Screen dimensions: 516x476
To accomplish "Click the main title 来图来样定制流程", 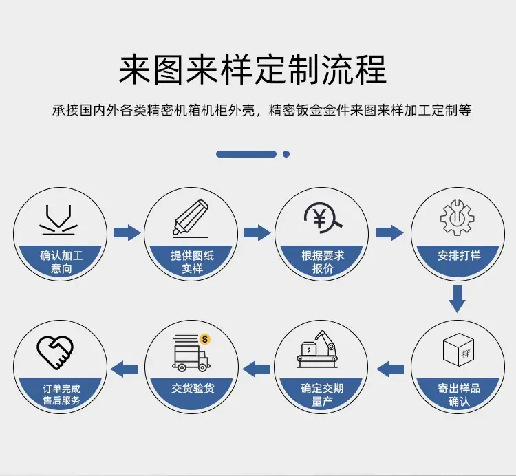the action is (x=252, y=69).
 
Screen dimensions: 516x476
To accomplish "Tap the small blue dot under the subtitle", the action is (x=286, y=154).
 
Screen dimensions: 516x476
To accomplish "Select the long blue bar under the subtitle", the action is (x=246, y=154).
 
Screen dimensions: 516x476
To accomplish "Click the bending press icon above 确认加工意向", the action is (x=58, y=220).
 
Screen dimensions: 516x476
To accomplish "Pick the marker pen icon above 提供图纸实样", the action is (x=191, y=219).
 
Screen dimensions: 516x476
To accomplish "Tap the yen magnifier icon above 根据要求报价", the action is (x=323, y=218).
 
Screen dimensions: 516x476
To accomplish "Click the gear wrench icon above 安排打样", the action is (x=458, y=218).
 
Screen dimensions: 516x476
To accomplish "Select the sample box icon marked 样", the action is (x=458, y=349).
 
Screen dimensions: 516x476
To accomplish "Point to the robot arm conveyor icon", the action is (x=318, y=349).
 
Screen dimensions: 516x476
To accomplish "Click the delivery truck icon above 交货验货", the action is (x=191, y=353).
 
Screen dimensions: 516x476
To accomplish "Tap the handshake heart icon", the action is (x=54, y=352).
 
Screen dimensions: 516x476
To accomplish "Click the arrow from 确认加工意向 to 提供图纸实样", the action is (x=127, y=233).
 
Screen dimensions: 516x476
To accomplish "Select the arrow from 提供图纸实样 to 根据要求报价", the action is (x=257, y=233).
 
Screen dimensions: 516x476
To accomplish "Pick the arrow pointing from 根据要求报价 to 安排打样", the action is (x=389, y=233).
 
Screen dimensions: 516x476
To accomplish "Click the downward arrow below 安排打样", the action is (x=458, y=299).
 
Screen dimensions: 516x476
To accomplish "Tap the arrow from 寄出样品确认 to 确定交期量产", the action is (x=390, y=369).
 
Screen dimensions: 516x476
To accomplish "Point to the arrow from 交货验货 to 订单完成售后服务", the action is (x=124, y=369).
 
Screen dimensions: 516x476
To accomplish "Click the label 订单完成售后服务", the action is (x=61, y=395).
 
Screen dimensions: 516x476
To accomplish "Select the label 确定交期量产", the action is (x=322, y=395).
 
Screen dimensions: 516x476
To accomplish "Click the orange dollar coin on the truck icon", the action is (x=205, y=339).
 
